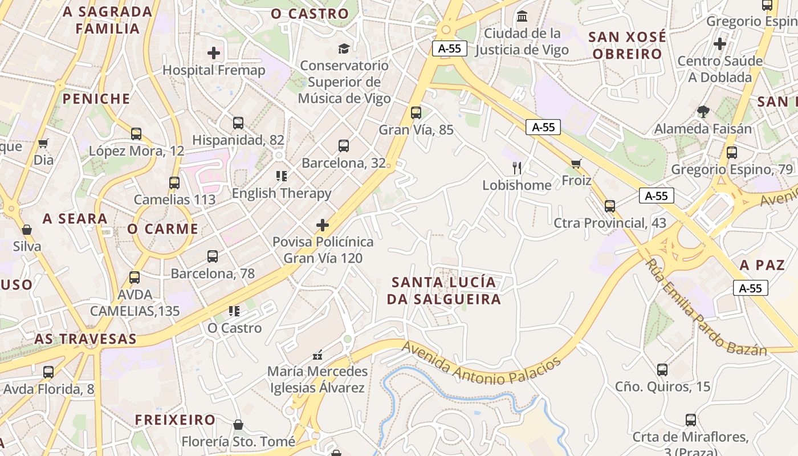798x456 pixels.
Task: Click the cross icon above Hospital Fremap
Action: pyautogui.click(x=214, y=53)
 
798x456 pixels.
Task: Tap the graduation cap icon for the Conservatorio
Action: pyautogui.click(x=344, y=48)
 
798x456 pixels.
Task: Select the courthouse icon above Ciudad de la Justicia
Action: pyautogui.click(x=522, y=16)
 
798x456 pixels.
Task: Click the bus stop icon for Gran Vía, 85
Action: pyautogui.click(x=416, y=112)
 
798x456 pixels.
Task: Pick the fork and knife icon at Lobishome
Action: pyautogui.click(x=517, y=168)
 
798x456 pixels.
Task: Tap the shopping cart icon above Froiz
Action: pyautogui.click(x=576, y=164)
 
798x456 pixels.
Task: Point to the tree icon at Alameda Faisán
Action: pyautogui.click(x=703, y=112)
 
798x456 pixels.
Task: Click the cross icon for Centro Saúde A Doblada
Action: pyautogui.click(x=720, y=43)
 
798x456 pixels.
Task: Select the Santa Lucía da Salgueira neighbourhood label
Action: pyautogui.click(x=443, y=291)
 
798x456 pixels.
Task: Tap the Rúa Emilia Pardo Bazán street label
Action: pyautogui.click(x=706, y=308)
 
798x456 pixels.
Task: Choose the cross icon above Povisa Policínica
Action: pyautogui.click(x=323, y=225)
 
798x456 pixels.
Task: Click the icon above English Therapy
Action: pyautogui.click(x=281, y=176)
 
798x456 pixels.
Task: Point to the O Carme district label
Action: pyautogui.click(x=162, y=229)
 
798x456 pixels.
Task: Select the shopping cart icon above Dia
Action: pyautogui.click(x=43, y=143)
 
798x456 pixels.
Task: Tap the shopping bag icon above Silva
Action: pyautogui.click(x=26, y=230)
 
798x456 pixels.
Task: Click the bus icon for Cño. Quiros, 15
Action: pyautogui.click(x=662, y=369)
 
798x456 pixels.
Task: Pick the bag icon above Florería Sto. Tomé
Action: pyautogui.click(x=238, y=425)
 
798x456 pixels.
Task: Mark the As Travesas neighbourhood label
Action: pyautogui.click(x=85, y=339)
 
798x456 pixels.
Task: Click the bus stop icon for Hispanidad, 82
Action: pyautogui.click(x=238, y=123)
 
